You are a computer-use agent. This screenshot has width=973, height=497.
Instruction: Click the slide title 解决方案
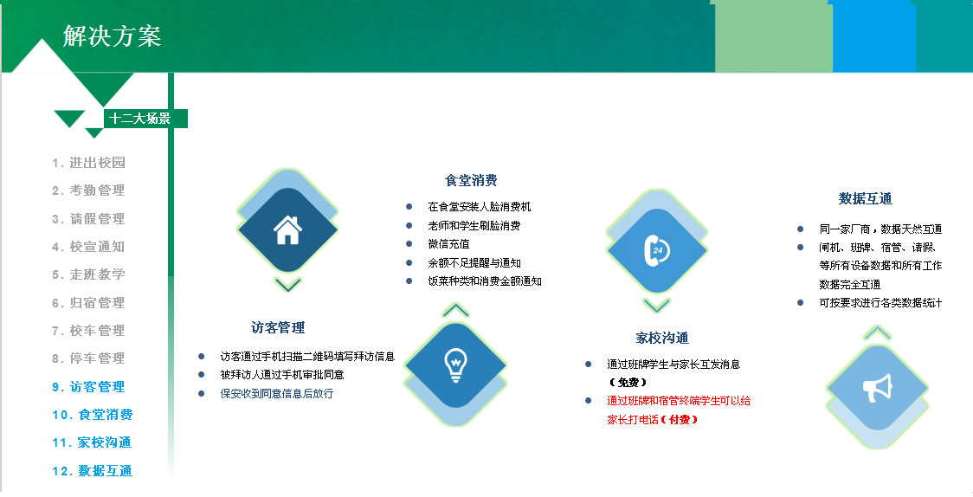click(x=112, y=36)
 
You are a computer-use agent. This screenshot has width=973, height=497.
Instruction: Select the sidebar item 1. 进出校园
click(x=89, y=163)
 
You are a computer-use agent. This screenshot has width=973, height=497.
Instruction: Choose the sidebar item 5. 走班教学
click(x=89, y=274)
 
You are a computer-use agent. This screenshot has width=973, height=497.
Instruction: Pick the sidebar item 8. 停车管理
click(x=89, y=358)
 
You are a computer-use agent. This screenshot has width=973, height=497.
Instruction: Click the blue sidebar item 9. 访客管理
click(x=89, y=386)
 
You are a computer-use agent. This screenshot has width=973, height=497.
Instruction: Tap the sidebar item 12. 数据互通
click(x=93, y=470)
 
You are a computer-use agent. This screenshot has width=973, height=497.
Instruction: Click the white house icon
click(x=287, y=230)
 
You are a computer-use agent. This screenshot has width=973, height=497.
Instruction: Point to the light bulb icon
click(x=455, y=365)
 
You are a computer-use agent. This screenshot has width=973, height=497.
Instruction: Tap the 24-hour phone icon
click(x=656, y=250)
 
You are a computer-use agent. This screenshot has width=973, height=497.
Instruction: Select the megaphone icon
click(x=877, y=388)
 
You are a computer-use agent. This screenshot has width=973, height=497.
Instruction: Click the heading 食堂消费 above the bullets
click(x=471, y=181)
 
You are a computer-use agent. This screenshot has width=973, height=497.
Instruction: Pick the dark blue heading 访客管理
click(x=278, y=327)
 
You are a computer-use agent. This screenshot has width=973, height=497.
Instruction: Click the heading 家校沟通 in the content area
click(x=662, y=339)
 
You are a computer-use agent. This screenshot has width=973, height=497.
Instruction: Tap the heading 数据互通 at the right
click(x=865, y=198)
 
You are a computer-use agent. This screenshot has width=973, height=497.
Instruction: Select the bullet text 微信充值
click(x=448, y=244)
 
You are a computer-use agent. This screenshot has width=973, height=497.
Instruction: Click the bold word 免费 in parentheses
click(x=628, y=382)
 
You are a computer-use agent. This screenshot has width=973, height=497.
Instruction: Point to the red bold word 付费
click(x=680, y=419)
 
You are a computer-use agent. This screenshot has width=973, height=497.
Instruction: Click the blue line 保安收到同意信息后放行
click(x=277, y=393)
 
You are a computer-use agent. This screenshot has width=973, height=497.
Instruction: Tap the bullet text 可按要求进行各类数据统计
click(x=880, y=303)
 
